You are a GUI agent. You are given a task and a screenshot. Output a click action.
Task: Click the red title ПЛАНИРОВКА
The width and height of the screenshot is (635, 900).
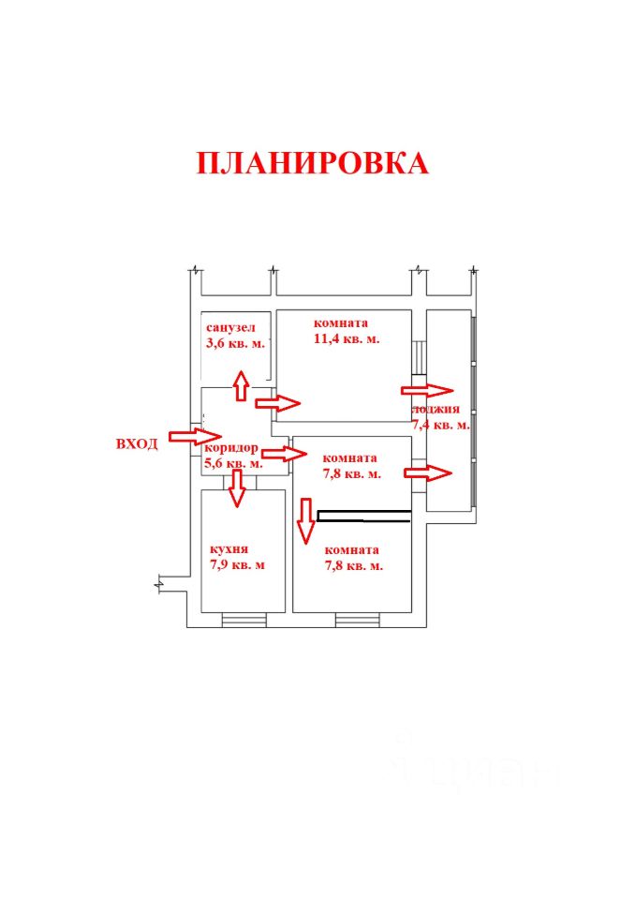[x=312, y=163]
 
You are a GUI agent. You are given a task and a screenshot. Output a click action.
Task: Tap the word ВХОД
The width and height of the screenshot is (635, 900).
[x=137, y=443]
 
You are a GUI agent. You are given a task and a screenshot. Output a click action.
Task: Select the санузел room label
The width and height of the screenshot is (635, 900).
[x=230, y=327]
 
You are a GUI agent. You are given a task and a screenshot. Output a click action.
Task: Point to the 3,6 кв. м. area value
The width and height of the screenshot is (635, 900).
[x=235, y=343]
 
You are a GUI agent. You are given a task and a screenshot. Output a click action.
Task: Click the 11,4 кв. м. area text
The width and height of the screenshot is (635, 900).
[x=346, y=339]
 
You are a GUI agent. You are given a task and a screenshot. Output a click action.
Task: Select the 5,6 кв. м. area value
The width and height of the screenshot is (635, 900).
[x=232, y=464]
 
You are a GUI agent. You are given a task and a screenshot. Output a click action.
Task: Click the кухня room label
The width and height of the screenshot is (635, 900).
[x=229, y=548]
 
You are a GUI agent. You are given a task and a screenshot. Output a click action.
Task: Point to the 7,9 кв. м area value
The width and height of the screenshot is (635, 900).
[x=237, y=564]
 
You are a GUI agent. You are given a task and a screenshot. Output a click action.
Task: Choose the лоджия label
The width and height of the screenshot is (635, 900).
[x=436, y=410]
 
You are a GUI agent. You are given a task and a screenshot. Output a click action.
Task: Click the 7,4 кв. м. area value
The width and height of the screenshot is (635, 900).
[x=440, y=425]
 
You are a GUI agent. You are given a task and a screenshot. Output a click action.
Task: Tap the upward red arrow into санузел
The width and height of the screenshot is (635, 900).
[x=241, y=385]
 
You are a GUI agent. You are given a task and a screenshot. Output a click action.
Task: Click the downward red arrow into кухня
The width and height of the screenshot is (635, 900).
[x=237, y=488]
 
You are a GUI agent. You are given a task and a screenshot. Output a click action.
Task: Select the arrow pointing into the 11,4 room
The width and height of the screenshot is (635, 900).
[x=277, y=404]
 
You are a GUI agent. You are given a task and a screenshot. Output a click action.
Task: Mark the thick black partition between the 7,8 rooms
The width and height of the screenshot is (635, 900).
[x=363, y=514]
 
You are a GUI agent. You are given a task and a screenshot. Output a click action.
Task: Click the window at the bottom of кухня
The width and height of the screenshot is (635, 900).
[x=244, y=619]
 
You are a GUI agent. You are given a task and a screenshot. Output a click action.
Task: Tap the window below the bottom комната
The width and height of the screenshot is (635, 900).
[x=357, y=619]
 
